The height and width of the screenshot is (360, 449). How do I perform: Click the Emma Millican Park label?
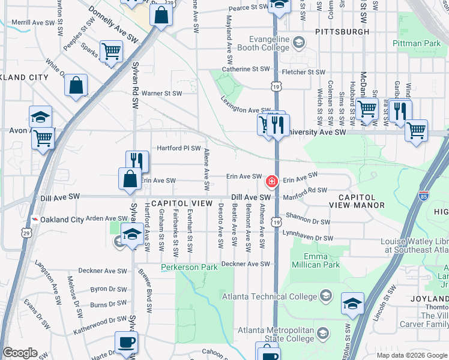point(315,260)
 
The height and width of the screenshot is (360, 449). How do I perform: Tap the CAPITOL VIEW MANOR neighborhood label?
point(357,201)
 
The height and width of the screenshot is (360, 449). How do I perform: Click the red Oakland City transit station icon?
point(35,220)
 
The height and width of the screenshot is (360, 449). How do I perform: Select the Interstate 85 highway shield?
point(424,196)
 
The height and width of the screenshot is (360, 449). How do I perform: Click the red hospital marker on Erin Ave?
point(271,181)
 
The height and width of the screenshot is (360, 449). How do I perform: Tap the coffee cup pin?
point(126,343)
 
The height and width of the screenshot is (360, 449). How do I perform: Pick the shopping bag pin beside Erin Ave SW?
point(130,179)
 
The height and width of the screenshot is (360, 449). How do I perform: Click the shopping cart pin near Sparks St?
point(111,51)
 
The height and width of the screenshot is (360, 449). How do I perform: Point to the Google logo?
point(20,353)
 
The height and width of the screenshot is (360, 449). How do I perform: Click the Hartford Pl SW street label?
point(178,148)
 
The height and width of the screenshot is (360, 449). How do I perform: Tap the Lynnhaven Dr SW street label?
point(307,239)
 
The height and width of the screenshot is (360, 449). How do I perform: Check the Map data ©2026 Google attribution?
point(411,355)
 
